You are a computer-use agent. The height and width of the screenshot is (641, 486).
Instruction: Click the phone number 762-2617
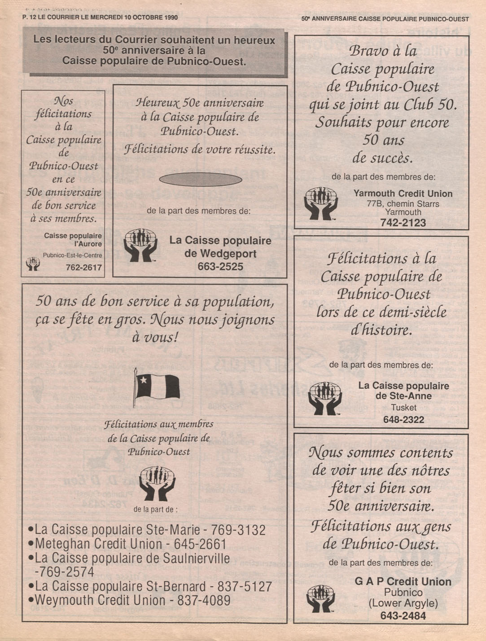coord(84,268)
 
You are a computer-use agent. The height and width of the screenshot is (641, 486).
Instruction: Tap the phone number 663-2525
coord(220,266)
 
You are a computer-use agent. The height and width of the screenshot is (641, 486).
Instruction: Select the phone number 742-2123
coord(403,222)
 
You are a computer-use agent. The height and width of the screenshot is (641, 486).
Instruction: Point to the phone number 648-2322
coord(403,420)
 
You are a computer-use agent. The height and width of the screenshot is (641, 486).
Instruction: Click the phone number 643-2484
coord(403,616)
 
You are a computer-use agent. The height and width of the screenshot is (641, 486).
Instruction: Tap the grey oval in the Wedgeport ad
coord(200,180)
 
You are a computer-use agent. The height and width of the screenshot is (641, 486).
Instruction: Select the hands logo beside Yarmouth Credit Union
coord(321,203)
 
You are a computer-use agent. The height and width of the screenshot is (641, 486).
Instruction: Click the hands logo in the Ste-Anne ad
coord(324,398)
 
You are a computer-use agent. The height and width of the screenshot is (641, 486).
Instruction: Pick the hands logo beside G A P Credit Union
coord(320,598)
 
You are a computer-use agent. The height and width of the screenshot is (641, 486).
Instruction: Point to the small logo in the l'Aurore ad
coord(33,263)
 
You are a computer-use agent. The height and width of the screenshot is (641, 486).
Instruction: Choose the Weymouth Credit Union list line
coord(129,600)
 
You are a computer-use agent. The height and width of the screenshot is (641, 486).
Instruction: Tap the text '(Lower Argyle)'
coord(403,603)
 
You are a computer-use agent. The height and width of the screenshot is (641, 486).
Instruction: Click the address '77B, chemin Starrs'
coord(403,204)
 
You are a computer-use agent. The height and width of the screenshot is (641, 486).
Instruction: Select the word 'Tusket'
coord(403,408)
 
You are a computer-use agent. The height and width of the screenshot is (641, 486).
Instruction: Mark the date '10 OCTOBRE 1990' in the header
coord(149,17)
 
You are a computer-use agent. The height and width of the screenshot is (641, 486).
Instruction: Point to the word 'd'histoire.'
coord(381,330)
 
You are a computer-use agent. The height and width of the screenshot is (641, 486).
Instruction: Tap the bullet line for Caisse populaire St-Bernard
coord(150,586)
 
